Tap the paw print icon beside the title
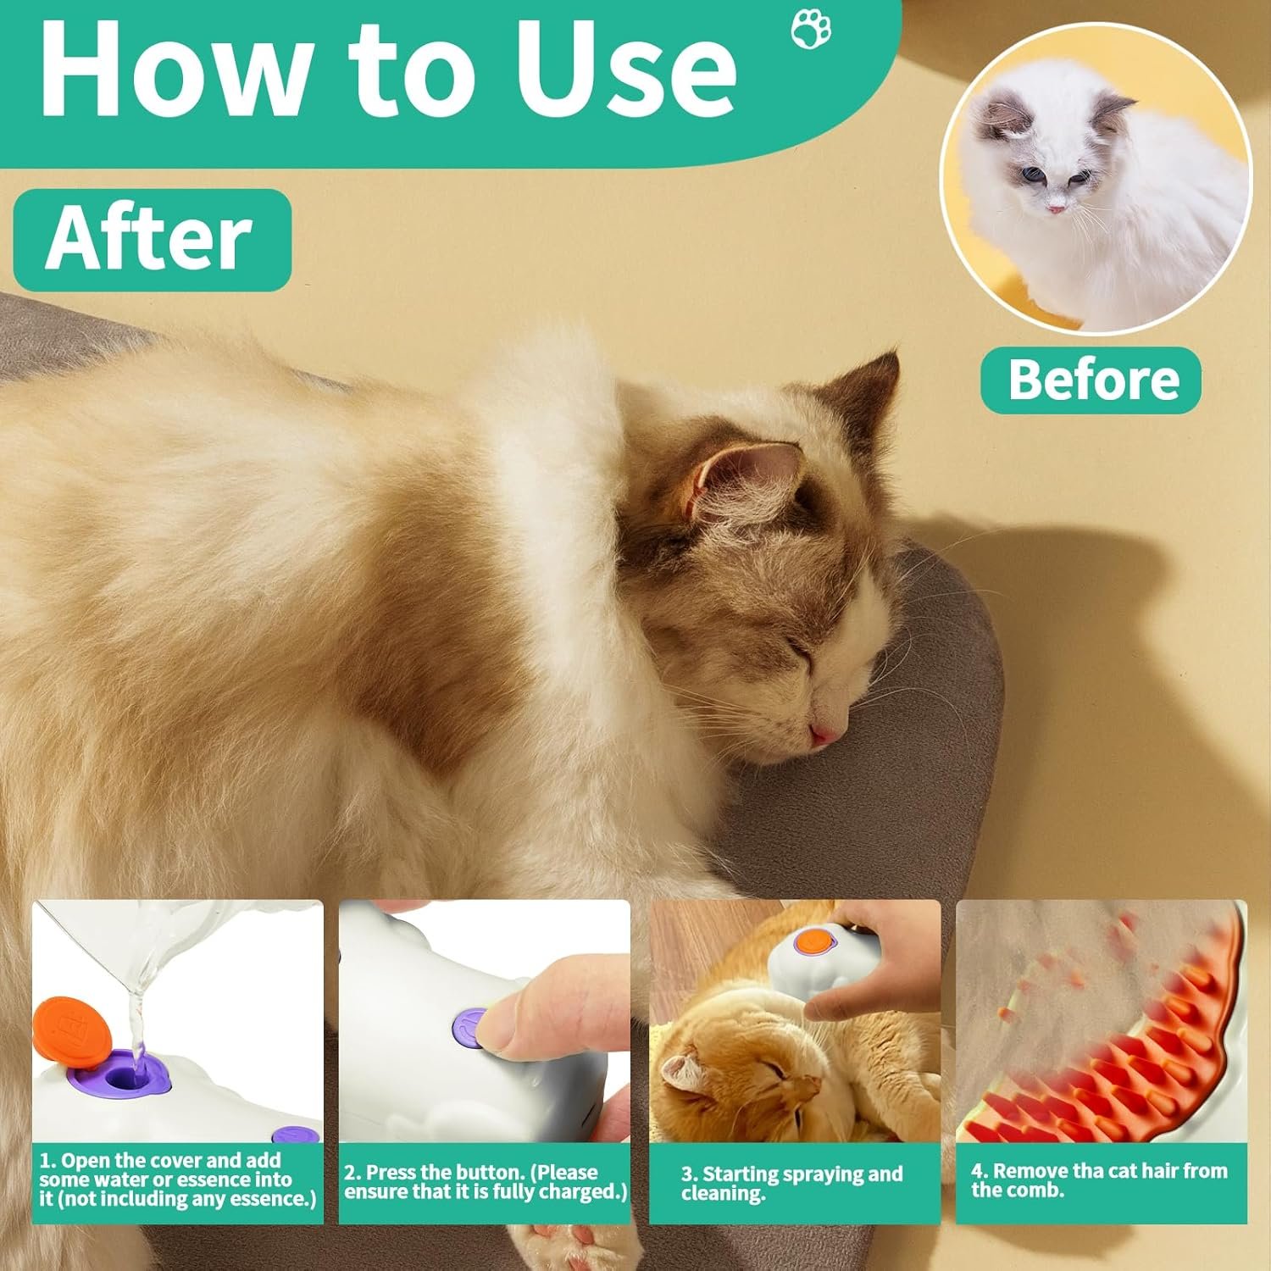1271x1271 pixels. pos(811,30)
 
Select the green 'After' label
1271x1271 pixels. pos(153,240)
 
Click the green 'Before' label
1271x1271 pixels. pos(1091,380)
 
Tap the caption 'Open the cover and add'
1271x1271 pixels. pos(170,1160)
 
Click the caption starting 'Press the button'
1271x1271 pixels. pos(485,1182)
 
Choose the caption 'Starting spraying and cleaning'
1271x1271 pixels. pos(791,1184)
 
